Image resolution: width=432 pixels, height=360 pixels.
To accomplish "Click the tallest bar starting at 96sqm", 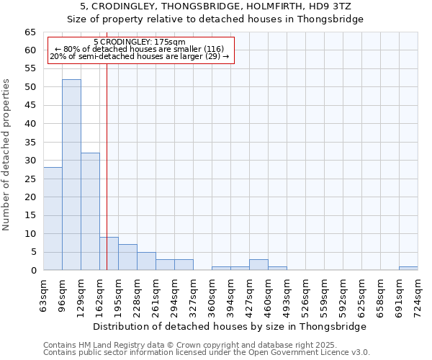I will (71, 175).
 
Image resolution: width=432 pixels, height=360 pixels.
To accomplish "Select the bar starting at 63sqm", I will (53, 219).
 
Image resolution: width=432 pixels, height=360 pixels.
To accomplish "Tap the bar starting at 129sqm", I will (90, 212).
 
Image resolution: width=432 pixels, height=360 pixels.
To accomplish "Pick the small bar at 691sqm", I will (408, 268).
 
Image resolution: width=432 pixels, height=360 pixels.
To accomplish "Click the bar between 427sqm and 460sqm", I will (258, 265).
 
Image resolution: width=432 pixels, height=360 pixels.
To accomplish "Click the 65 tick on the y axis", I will (30, 32).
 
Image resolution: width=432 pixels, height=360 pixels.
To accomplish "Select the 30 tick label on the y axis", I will (30, 161).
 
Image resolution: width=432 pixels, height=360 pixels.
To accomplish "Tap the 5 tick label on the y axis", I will (33, 252).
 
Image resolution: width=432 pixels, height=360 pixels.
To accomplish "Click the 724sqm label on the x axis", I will (418, 296).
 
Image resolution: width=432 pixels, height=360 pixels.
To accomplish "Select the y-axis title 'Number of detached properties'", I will (6, 155).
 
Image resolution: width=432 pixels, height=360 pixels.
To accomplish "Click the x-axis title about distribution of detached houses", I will (230, 326).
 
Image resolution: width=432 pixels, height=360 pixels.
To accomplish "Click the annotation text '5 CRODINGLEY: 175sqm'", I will (140, 42).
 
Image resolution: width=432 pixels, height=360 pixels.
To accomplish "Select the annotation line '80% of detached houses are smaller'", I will (140, 49).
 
